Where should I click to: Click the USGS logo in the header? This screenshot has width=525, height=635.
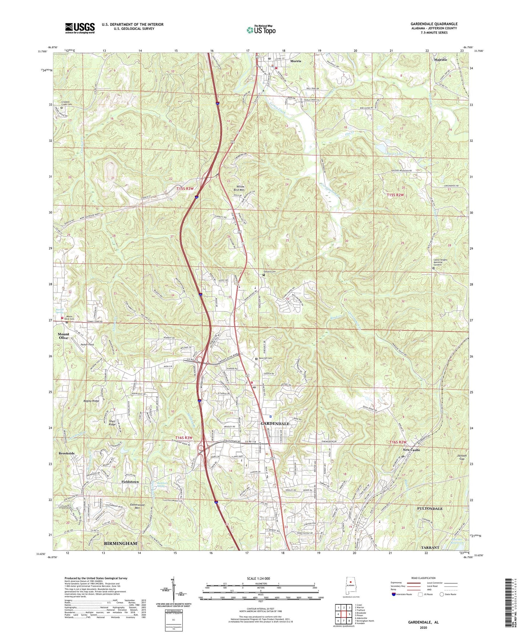pos(80,28)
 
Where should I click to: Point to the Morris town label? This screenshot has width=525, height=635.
pos(295,61)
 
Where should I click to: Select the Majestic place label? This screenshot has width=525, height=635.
pos(440,59)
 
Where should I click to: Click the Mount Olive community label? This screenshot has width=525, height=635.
pos(63,336)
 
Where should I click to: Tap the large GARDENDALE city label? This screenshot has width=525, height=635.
pos(275,424)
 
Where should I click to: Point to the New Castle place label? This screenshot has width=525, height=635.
pos(411,450)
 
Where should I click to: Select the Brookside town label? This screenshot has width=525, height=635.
pos(67,454)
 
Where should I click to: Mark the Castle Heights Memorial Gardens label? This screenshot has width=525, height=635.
pos(440,262)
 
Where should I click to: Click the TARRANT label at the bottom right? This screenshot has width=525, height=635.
pos(430,547)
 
